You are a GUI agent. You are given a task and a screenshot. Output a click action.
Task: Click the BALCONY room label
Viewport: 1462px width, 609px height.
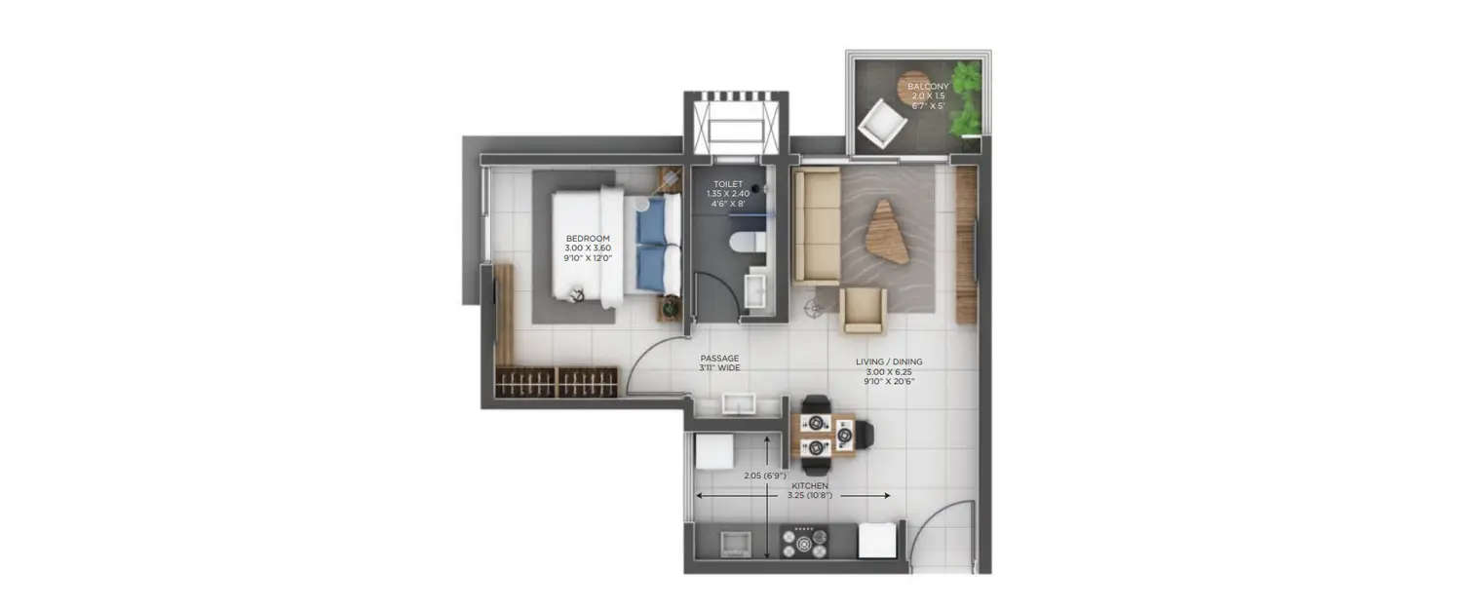[x=928, y=96]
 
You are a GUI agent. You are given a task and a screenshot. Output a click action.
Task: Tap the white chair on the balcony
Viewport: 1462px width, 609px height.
[x=883, y=123]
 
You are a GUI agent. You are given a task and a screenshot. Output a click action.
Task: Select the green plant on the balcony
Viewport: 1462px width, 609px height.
[x=966, y=98]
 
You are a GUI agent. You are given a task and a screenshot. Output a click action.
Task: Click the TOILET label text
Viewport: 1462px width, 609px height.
[x=727, y=194]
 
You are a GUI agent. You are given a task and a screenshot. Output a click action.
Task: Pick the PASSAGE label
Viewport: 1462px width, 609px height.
[x=719, y=363]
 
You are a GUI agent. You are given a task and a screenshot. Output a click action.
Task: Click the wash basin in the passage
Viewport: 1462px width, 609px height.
[x=739, y=404]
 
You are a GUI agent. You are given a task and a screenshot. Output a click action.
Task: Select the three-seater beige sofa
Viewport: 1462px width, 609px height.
[x=816, y=226]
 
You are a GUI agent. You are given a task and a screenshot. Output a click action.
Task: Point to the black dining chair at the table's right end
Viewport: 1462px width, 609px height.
[x=866, y=435]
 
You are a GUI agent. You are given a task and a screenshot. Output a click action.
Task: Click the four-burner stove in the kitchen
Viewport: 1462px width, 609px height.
[x=804, y=541]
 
